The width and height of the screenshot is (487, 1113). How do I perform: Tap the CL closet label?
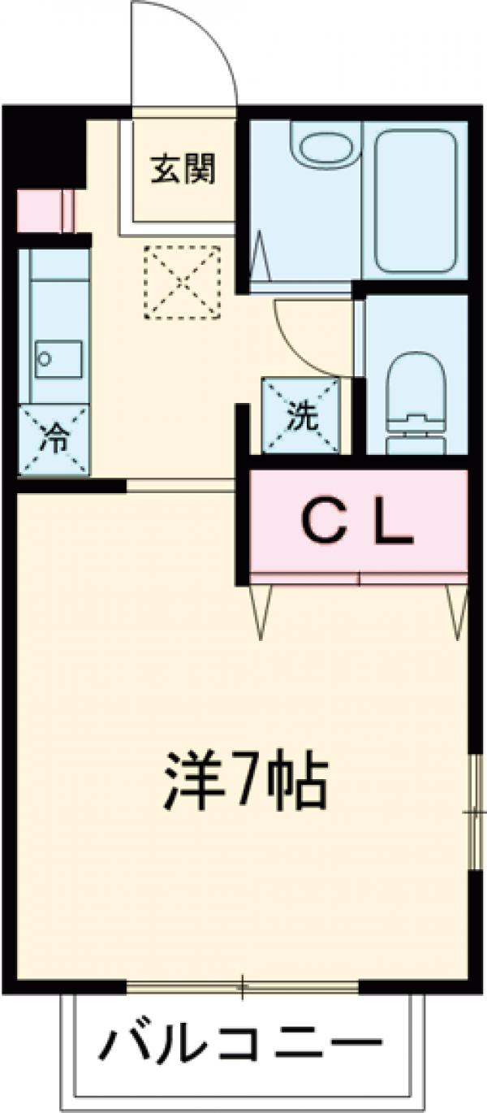357,524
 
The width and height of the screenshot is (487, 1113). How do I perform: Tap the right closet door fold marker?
458,609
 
